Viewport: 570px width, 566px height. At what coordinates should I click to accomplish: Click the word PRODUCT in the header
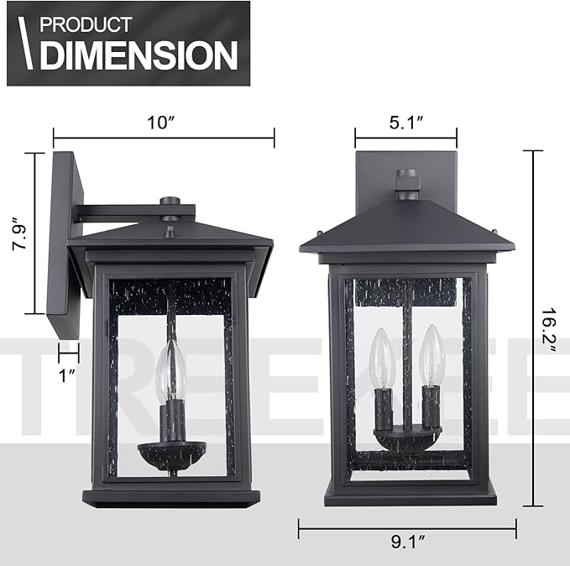pyautogui.click(x=86, y=24)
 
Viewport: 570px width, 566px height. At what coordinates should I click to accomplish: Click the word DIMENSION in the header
pyautogui.click(x=139, y=55)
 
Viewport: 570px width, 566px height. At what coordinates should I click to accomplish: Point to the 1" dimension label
pyautogui.click(x=68, y=375)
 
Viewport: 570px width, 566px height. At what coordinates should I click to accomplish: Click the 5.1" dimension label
pyautogui.click(x=406, y=122)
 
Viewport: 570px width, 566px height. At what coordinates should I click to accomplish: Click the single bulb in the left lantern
pyautogui.click(x=170, y=371)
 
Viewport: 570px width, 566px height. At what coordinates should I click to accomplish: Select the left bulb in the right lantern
pyautogui.click(x=382, y=359)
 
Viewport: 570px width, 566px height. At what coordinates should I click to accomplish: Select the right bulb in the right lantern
pyautogui.click(x=432, y=356)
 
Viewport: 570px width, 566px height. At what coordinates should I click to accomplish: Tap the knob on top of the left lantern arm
pyautogui.click(x=170, y=202)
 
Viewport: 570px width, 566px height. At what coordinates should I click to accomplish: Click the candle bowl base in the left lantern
pyautogui.click(x=171, y=454)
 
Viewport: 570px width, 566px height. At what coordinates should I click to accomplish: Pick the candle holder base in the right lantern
pyautogui.click(x=407, y=438)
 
